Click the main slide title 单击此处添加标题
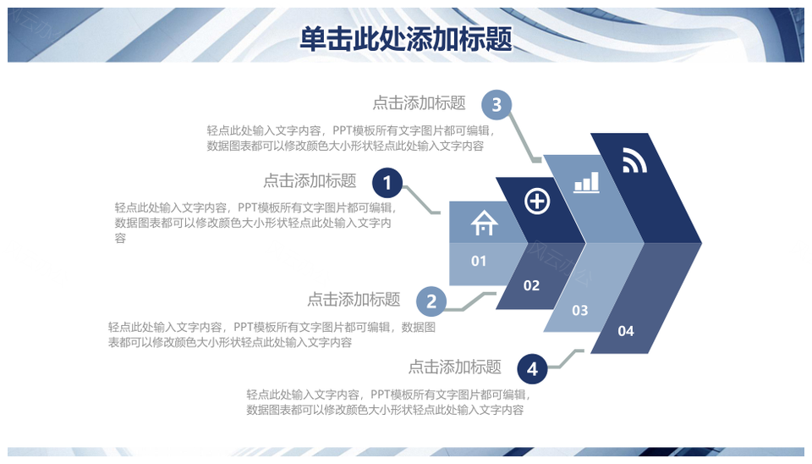406,39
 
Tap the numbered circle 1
387,183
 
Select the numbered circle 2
431,301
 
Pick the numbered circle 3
497,105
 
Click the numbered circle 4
532,368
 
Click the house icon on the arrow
484,223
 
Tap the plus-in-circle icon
537,202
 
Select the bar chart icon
586,183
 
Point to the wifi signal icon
634,160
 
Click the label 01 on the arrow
479,261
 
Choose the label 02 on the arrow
531,285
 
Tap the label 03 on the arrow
580,310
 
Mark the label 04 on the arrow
626,331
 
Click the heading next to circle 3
419,102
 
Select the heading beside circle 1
310,180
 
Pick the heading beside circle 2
354,299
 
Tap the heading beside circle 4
455,367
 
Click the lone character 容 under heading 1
120,238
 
